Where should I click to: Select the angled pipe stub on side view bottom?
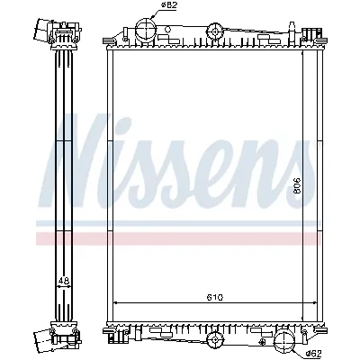click(43, 339)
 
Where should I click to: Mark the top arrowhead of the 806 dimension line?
click(303, 55)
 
